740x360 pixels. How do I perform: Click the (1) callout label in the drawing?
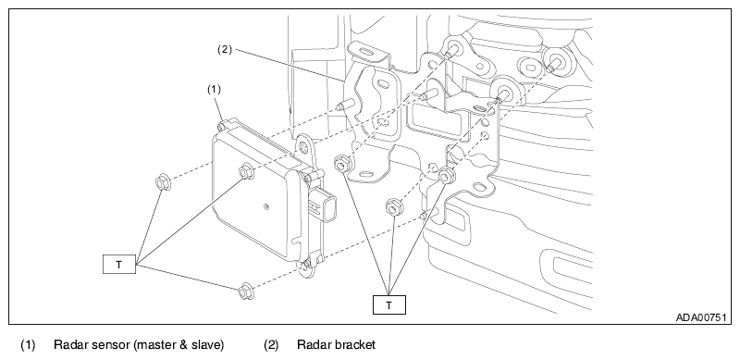click(x=215, y=89)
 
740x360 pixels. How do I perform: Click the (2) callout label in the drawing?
click(x=225, y=49)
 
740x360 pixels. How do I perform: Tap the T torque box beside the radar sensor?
click(x=119, y=264)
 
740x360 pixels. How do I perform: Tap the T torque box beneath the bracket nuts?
click(x=388, y=304)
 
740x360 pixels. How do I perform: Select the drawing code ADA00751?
click(x=701, y=317)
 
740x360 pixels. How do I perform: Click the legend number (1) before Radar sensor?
click(x=28, y=345)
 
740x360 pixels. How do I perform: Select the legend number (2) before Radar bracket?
click(x=271, y=345)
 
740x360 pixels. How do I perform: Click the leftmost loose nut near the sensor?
click(x=163, y=182)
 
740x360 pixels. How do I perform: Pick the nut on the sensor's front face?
click(x=246, y=171)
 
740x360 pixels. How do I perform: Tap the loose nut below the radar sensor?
click(x=246, y=291)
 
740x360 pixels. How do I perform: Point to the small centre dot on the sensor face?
click(x=266, y=206)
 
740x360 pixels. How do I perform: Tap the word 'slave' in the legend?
click(x=205, y=345)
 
